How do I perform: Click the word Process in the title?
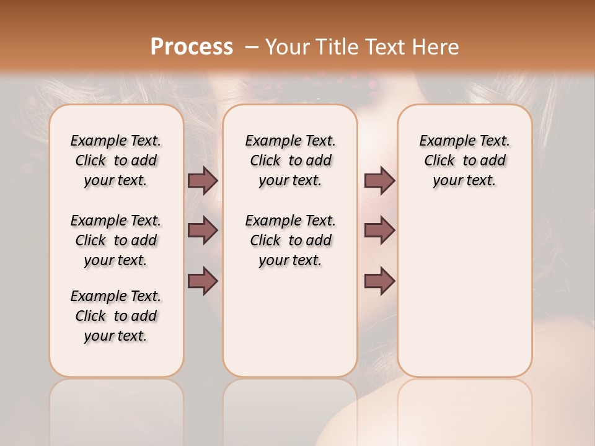[192, 47]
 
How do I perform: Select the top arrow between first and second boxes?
[203, 180]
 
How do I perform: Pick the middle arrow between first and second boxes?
[203, 230]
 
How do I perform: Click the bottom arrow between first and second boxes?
[203, 281]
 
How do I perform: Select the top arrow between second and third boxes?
[379, 180]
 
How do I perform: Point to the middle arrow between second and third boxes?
[379, 230]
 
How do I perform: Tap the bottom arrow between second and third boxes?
[379, 281]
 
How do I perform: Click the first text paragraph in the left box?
[116, 160]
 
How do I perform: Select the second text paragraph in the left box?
[116, 240]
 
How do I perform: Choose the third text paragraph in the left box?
[116, 316]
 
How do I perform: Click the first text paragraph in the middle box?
[290, 160]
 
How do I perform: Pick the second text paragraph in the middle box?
[290, 240]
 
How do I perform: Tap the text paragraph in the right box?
[464, 160]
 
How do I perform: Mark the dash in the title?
[252, 47]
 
